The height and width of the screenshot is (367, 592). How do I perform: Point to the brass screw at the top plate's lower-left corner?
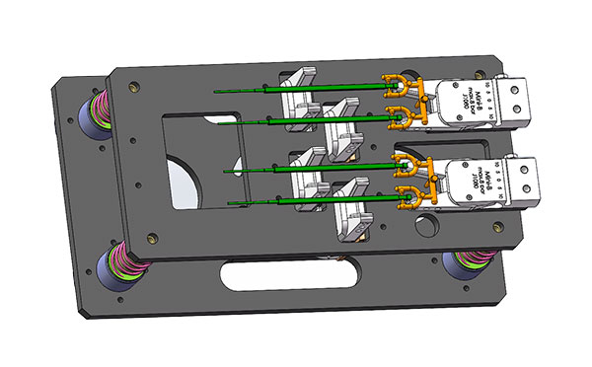(x=151, y=238)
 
